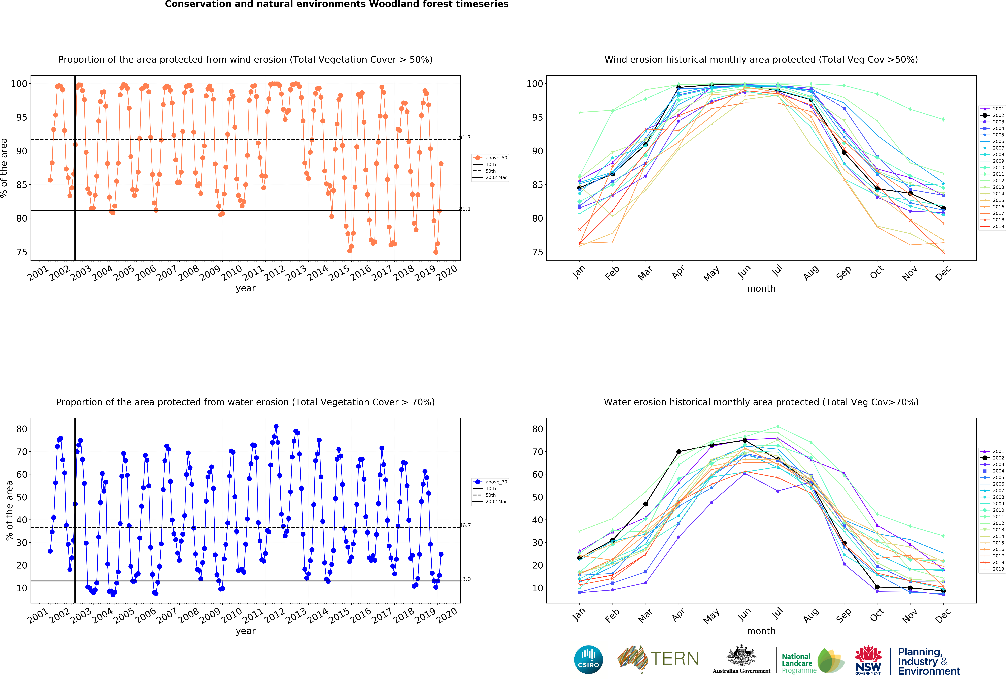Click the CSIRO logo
click(x=588, y=660)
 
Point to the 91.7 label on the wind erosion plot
click(x=465, y=138)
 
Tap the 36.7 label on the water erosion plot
click(x=465, y=525)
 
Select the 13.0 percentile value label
click(x=465, y=579)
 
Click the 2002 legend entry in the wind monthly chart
click(x=992, y=115)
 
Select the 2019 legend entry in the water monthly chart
click(x=992, y=569)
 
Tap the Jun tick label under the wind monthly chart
click(x=744, y=272)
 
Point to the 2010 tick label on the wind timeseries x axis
click(x=232, y=273)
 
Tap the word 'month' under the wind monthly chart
click(x=761, y=288)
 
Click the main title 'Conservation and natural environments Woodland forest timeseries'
click(x=337, y=4)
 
